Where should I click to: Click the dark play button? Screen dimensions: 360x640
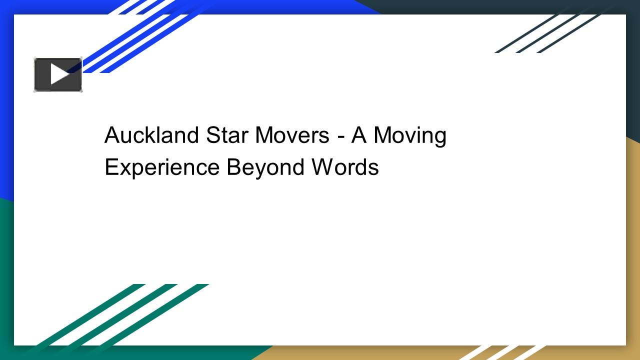pyautogui.click(x=58, y=74)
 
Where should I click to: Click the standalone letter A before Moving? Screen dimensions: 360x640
pyautogui.click(x=359, y=135)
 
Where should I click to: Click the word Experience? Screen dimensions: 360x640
pyautogui.click(x=162, y=167)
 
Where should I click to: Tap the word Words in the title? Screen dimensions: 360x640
pyautogui.click(x=345, y=167)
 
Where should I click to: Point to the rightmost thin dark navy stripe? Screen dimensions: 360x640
pyautogui.click(x=570, y=32)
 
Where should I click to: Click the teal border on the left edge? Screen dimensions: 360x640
pyautogui.click(x=6, y=275)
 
